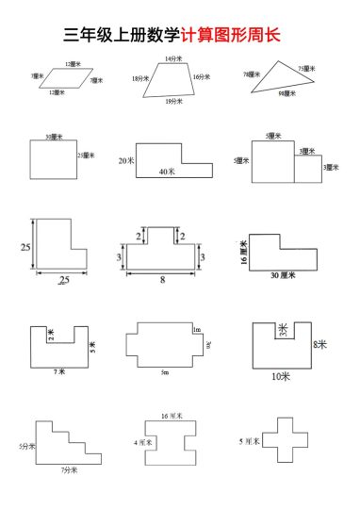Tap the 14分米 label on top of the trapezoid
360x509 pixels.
pos(173,59)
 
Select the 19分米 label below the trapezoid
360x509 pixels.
pos(173,101)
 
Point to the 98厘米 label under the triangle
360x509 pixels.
pos(285,94)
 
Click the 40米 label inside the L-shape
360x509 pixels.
pos(167,172)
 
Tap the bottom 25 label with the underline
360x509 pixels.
pos(64,281)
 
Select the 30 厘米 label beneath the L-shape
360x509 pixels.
pos(283,276)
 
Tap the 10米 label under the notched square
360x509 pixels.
pos(281,376)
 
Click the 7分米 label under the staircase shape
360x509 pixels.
pos(69,468)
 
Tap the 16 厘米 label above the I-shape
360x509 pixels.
pos(171,415)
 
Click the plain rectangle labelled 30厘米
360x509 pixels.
pos(54,157)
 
